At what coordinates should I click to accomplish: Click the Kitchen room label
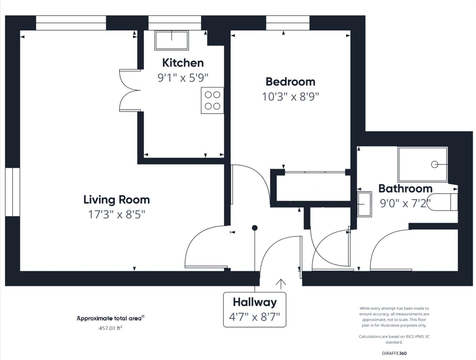183,63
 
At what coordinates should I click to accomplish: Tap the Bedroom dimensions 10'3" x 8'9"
290,97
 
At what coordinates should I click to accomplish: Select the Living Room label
116,200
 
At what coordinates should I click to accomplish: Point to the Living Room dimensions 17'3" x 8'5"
116,214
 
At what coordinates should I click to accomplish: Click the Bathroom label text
405,188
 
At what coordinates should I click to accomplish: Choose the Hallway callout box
255,309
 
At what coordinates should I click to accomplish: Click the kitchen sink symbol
171,40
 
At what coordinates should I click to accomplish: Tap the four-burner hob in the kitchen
212,100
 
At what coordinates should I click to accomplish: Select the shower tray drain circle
434,164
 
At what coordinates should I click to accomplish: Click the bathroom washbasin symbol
364,204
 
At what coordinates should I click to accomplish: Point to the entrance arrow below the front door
281,284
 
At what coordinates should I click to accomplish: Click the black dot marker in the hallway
255,228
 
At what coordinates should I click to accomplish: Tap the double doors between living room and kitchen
129,90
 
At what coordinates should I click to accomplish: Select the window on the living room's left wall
12,192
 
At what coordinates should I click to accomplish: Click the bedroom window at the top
288,23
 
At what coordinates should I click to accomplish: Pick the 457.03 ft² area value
110,328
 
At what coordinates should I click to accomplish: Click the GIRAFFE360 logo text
394,353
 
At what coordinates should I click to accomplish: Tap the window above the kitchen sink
174,23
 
